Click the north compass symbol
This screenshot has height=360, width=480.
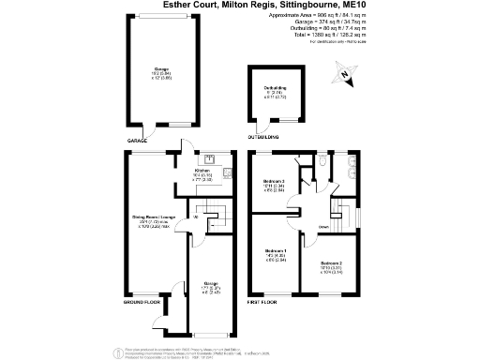click(346, 75)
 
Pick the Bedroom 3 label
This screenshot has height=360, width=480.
click(273, 183)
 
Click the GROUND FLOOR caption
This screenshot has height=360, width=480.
click(142, 302)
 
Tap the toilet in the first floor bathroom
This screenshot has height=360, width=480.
click(322, 162)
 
